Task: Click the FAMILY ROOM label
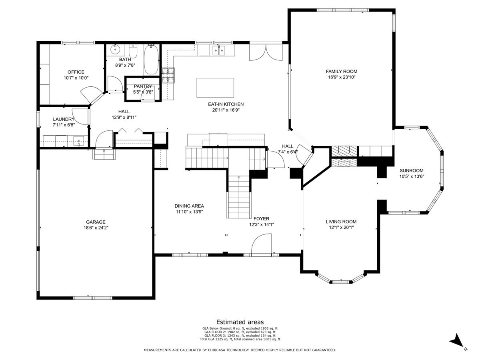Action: [341, 72]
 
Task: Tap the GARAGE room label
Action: [96, 222]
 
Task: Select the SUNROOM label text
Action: [411, 170]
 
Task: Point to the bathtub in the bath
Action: [151, 59]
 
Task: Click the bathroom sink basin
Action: [116, 50]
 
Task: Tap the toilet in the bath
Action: [134, 52]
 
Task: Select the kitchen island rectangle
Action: [215, 88]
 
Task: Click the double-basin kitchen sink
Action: [218, 50]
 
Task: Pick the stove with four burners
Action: [168, 75]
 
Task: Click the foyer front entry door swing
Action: [261, 245]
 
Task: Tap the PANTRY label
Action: [143, 86]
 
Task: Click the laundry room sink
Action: [79, 141]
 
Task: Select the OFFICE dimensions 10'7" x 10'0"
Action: [76, 78]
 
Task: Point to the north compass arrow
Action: [457, 342]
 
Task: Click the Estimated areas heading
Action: [240, 322]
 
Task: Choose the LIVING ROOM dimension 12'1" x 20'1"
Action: [341, 228]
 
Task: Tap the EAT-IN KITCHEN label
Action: [226, 104]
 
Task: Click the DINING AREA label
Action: [190, 206]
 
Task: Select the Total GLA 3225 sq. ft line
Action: [240, 339]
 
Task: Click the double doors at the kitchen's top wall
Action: [262, 51]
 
